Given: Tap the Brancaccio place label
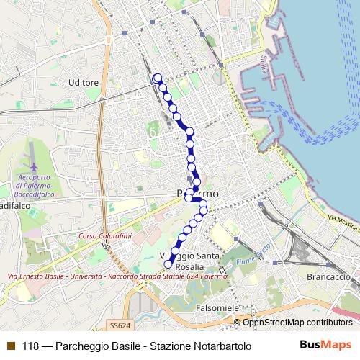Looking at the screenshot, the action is tap(327, 276).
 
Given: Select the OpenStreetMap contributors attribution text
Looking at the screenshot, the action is tap(297, 322).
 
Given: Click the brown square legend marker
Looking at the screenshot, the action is tap(10, 346).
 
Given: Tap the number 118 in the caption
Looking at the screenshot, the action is tap(30, 346).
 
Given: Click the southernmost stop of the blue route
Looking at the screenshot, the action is tap(168, 264).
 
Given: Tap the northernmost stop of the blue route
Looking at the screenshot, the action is tap(157, 78).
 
